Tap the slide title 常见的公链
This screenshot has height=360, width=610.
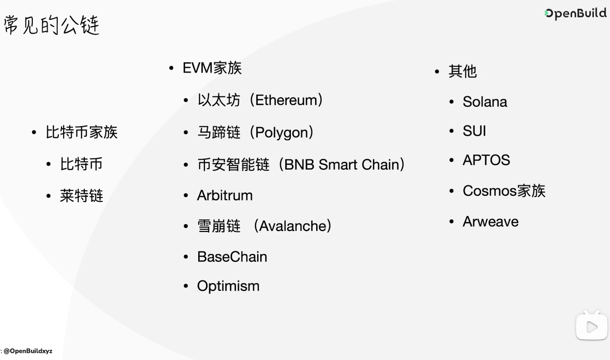(x=52, y=25)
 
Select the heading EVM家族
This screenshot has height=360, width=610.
(x=212, y=68)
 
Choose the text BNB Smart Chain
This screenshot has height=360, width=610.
(x=341, y=164)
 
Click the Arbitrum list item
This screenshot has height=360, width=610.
(x=225, y=196)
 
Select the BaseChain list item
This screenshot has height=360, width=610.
(x=232, y=256)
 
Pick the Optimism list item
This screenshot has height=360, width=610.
(x=228, y=286)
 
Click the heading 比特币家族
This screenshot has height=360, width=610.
(x=82, y=132)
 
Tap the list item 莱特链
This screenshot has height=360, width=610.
(x=82, y=196)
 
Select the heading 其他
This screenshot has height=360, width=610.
(x=463, y=71)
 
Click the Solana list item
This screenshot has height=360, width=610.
(x=485, y=102)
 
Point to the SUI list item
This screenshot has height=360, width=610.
(x=474, y=131)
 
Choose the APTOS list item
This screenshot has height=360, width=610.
(x=486, y=160)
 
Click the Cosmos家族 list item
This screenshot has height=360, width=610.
(x=504, y=190)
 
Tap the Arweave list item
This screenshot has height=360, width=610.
(x=491, y=221)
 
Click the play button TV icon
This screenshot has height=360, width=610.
(x=592, y=325)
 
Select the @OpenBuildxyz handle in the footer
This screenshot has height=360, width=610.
(x=28, y=351)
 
